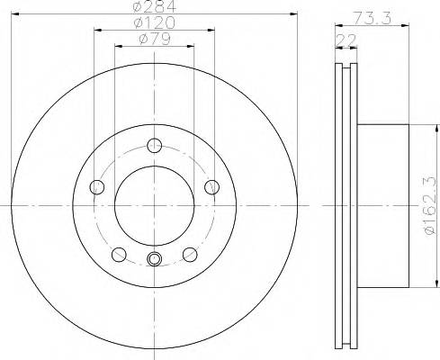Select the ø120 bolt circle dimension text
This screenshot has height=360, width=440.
[x=153, y=23]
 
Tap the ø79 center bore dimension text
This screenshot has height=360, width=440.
[x=152, y=39]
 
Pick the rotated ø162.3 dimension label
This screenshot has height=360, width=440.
[x=429, y=206]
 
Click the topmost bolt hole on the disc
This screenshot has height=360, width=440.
[x=154, y=145]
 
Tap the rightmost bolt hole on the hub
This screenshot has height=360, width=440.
[x=211, y=186]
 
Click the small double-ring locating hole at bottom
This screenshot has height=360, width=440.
[x=154, y=261]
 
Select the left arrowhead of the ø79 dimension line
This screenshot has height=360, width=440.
[x=118, y=46]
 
